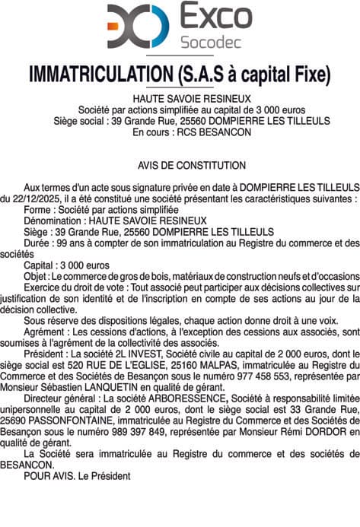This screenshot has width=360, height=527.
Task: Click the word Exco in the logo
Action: pos(215,16)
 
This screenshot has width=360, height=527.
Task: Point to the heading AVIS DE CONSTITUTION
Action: pos(192,165)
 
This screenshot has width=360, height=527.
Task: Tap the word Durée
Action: pos(37,243)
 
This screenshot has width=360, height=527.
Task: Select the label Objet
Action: pos(35,276)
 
